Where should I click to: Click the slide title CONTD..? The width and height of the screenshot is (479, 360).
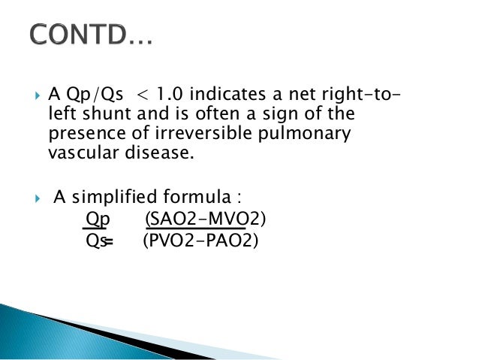[x=90, y=35]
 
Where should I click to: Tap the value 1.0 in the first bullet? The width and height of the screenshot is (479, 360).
[x=175, y=96]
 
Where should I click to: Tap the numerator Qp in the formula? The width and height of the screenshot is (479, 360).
[x=97, y=219]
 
